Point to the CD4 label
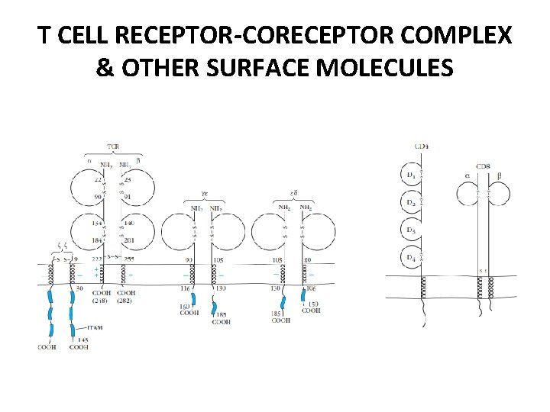click(x=421, y=146)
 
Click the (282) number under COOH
click(x=127, y=300)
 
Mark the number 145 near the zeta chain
click(x=81, y=340)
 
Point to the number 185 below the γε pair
click(x=222, y=314)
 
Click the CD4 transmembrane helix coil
click(x=422, y=288)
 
